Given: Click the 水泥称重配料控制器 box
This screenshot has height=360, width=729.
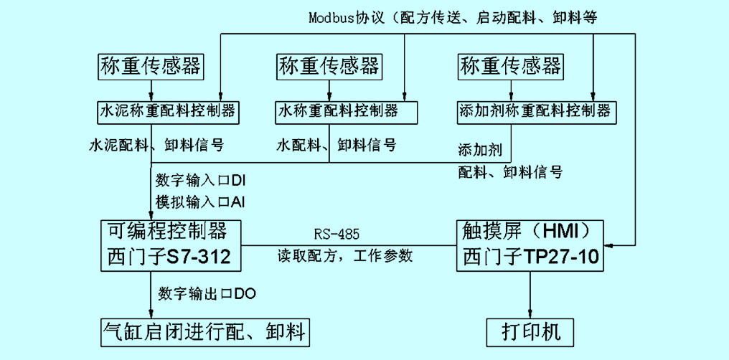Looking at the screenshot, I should point(166,113).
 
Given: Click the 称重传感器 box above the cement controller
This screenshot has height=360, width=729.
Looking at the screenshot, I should point(149,67).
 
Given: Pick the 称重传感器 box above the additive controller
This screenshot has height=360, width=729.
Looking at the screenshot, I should point(510,67).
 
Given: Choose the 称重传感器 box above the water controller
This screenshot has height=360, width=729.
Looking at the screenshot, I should point(329,67).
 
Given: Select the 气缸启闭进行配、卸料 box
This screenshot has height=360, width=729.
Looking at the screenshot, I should point(204,331).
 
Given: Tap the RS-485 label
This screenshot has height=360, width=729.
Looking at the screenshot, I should point(337,235).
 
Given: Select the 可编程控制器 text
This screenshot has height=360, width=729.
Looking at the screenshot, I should point(166,231).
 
